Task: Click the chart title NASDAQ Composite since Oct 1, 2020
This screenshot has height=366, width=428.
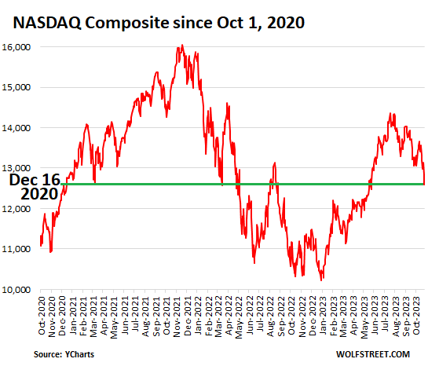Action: pyautogui.click(x=159, y=22)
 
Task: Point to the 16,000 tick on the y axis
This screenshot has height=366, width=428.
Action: pyautogui.click(x=16, y=47)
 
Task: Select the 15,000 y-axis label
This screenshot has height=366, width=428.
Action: pyautogui.click(x=16, y=87)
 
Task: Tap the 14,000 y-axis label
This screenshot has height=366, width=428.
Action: pyautogui.click(x=16, y=128)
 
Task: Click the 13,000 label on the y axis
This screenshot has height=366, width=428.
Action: pyautogui.click(x=16, y=168)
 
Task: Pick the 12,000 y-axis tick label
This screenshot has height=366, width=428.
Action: pyautogui.click(x=16, y=209)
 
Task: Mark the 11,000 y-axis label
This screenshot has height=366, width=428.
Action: pyautogui.click(x=16, y=249)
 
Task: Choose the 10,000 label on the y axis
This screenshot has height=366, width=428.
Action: pyautogui.click(x=16, y=290)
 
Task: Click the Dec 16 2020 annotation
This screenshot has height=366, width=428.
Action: pyautogui.click(x=35, y=187)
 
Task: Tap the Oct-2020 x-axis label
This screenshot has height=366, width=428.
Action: pyautogui.click(x=42, y=316)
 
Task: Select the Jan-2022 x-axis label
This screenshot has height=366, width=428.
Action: pyautogui.click(x=198, y=316)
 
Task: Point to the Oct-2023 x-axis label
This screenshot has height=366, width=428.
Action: pyautogui.click(x=416, y=316)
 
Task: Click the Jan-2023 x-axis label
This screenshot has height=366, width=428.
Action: pyautogui.click(x=323, y=316)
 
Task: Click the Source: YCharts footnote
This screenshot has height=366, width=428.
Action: pyautogui.click(x=64, y=354)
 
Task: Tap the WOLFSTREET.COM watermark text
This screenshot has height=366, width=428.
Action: pyautogui.click(x=373, y=354)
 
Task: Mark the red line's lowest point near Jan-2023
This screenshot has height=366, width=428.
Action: pyautogui.click(x=321, y=280)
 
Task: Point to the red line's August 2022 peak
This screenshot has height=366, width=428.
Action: pyautogui.click(x=275, y=163)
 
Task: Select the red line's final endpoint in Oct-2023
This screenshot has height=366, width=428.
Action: pyautogui.click(x=424, y=185)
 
